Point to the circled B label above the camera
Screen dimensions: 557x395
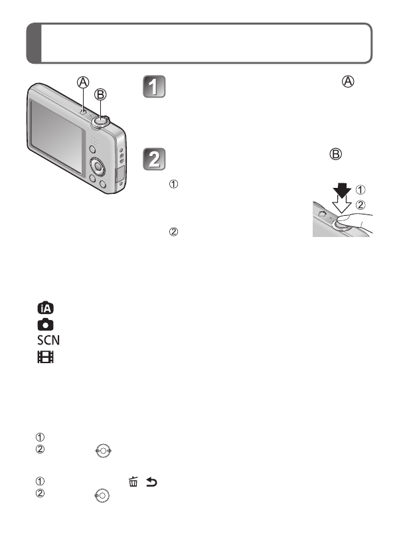(x=100, y=94)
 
